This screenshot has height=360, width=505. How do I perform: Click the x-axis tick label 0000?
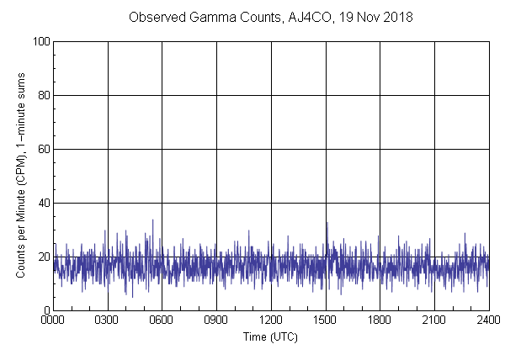[53, 320]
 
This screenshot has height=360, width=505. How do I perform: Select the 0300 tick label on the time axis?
[108, 320]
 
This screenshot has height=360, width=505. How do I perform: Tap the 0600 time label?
[162, 320]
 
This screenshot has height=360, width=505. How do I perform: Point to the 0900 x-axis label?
[216, 320]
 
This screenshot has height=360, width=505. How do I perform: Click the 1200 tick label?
[271, 320]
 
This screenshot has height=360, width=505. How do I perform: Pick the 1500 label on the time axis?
[326, 320]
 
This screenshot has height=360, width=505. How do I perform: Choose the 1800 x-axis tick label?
[380, 320]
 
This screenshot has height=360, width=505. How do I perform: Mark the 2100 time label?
[434, 320]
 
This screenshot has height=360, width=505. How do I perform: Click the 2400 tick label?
[488, 320]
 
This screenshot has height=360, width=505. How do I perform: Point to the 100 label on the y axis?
[40, 41]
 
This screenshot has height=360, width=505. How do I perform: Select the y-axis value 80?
[43, 95]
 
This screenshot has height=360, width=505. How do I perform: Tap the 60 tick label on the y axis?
[43, 149]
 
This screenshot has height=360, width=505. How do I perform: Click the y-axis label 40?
[43, 203]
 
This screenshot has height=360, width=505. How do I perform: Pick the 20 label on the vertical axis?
[43, 257]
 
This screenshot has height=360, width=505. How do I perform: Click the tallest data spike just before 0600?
[152, 220]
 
